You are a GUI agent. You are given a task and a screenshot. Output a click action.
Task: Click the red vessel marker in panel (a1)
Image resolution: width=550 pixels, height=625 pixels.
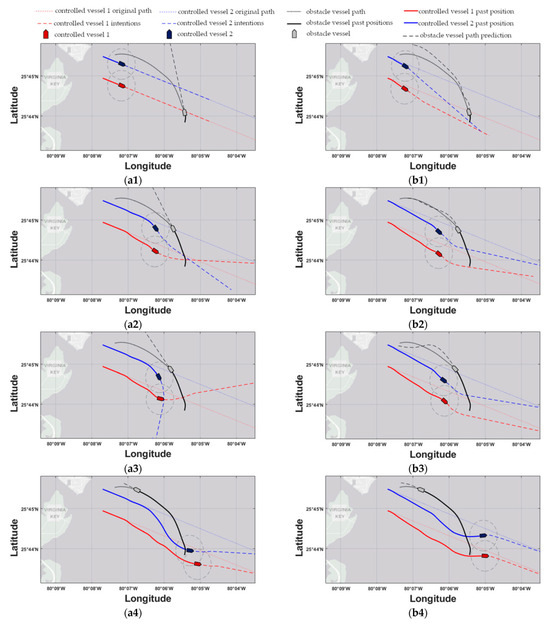coord(122,85)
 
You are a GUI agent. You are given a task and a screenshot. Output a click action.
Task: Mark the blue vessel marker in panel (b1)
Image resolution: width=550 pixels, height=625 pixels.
coord(406,66)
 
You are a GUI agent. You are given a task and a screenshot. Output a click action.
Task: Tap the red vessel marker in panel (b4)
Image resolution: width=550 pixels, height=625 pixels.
coord(485,556)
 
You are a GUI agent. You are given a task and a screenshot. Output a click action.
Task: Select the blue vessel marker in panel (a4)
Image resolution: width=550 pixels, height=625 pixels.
coord(190,550)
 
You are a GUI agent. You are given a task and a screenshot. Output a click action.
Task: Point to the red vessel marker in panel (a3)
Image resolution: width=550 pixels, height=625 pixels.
coord(160,398)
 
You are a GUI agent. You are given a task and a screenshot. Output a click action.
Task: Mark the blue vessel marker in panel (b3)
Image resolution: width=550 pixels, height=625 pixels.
coord(445,379)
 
